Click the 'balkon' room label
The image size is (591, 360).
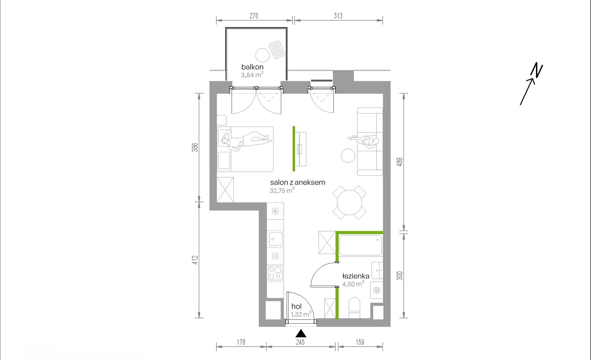(x=252, y=67)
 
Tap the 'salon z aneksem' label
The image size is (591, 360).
(x=298, y=182)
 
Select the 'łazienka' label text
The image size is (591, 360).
(x=356, y=276)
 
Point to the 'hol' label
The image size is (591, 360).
(x=296, y=306)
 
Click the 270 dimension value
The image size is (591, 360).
(x=254, y=16)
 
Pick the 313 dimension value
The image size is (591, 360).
(x=338, y=16)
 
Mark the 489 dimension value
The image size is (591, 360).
(x=400, y=162)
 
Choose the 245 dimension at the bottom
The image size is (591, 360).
(x=300, y=342)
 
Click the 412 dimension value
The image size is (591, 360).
(x=195, y=260)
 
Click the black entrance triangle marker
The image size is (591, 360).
(x=301, y=334)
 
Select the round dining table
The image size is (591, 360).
(x=349, y=202)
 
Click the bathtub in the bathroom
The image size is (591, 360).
(x=361, y=245)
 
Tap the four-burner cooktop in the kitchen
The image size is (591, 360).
(x=275, y=273)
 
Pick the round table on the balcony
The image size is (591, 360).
(x=263, y=55)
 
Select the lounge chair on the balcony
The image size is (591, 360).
(x=277, y=50)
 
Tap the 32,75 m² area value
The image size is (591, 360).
(x=282, y=190)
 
